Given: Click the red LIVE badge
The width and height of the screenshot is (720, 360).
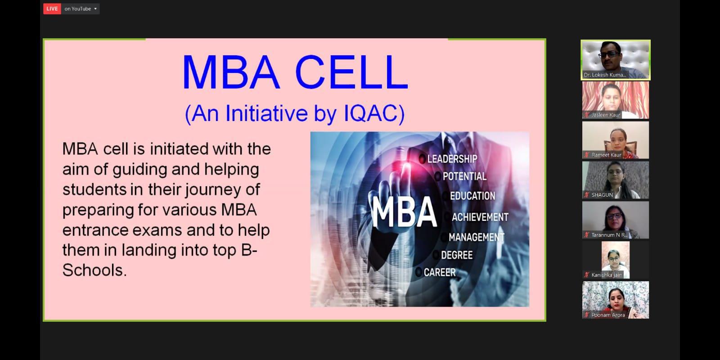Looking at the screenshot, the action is (52, 9).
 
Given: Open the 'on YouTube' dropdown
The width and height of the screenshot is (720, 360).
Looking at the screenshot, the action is (81, 9).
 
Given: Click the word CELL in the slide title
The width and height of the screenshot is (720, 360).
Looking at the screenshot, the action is (351, 72).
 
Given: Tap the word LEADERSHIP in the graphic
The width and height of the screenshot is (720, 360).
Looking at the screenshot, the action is (452, 159).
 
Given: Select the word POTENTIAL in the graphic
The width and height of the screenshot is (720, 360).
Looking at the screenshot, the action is (464, 176).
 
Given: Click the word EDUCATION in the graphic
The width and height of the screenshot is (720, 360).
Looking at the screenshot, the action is (472, 196).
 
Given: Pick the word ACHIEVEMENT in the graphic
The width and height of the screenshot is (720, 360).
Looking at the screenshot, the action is (480, 217).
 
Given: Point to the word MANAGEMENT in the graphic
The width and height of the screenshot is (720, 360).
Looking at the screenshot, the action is (477, 237).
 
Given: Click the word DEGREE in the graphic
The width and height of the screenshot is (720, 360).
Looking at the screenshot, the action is (457, 255).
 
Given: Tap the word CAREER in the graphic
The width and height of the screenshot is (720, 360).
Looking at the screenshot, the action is (440, 273).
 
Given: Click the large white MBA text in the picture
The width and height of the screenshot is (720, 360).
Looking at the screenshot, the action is (404, 212).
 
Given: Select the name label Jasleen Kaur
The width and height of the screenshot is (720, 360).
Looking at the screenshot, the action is (606, 115).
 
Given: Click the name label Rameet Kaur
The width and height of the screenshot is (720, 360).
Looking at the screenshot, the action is (607, 155).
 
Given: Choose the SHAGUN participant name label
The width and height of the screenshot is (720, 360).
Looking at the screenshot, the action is (602, 195).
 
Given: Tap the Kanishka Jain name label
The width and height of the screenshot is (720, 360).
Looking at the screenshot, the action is (607, 275).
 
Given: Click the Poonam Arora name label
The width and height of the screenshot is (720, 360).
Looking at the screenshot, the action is (608, 315).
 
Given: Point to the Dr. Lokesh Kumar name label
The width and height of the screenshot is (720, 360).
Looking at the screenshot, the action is (605, 75).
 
